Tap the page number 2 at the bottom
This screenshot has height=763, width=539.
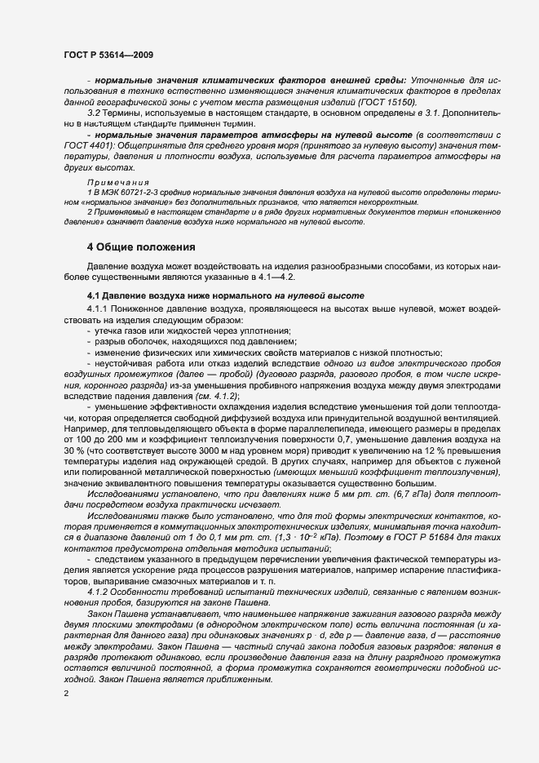tap(66, 694)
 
